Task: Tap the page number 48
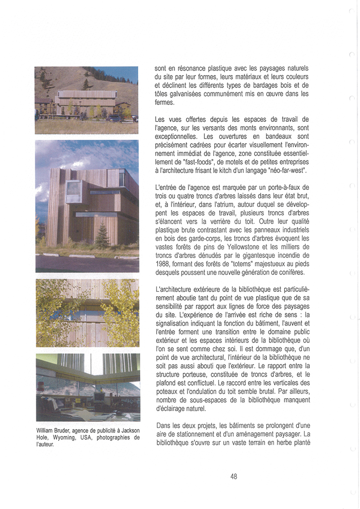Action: tap(234, 476)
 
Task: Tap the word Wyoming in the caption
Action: tap(66, 438)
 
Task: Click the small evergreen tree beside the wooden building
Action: tap(102, 237)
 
